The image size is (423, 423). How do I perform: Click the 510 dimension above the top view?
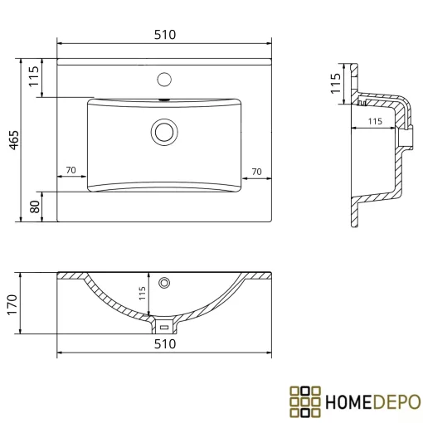tap(165, 35)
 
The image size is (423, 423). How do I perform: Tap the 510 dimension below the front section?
tap(165, 344)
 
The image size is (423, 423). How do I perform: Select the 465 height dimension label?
tap(14, 140)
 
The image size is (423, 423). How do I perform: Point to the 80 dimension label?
tap(35, 207)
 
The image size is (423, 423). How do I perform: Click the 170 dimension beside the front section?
tap(12, 305)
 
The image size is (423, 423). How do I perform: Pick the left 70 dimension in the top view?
tap(71, 170)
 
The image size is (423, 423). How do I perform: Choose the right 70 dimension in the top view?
tap(257, 172)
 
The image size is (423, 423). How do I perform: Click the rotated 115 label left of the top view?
tap(34, 76)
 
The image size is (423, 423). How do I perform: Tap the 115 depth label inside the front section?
tap(142, 294)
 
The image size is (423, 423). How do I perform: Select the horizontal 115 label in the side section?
tap(375, 121)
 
